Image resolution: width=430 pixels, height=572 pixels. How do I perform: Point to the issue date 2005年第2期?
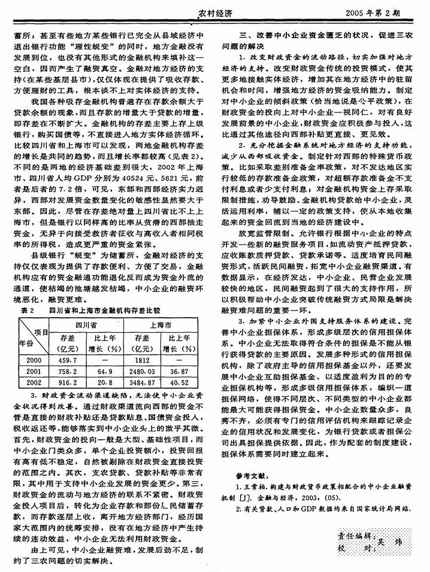[x=390, y=11]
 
